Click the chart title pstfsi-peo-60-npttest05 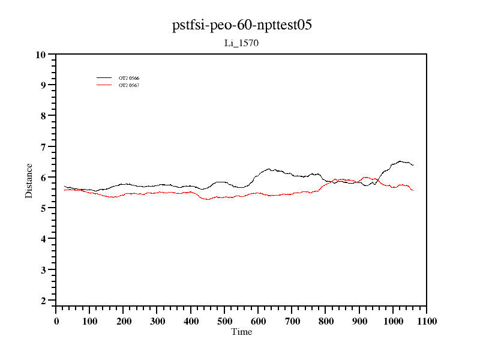click(x=241, y=26)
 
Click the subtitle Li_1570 click(x=241, y=43)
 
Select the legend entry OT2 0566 click(x=129, y=79)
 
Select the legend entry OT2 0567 click(x=129, y=85)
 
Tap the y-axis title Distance click(x=29, y=181)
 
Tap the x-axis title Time click(x=242, y=332)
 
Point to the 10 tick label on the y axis click(x=41, y=55)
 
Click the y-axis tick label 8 click(x=43, y=116)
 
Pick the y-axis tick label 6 click(x=43, y=178)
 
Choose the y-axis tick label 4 click(x=43, y=239)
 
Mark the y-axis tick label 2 click(x=43, y=301)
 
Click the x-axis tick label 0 click(x=56, y=321)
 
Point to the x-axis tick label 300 click(x=157, y=321)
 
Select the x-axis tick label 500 click(x=224, y=321)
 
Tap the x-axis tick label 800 click(x=326, y=321)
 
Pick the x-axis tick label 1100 click(x=427, y=321)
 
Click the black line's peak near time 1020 click(x=400, y=161)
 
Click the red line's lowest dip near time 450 click(x=208, y=199)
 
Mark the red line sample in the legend click(x=104, y=85)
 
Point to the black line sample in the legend click(x=104, y=78)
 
